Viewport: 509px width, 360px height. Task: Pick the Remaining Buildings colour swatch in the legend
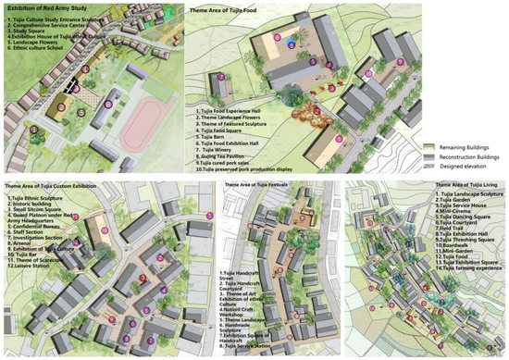click(x=431, y=141)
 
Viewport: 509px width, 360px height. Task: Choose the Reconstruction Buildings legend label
click(x=473, y=153)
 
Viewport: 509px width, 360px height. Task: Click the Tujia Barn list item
click(x=217, y=135)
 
